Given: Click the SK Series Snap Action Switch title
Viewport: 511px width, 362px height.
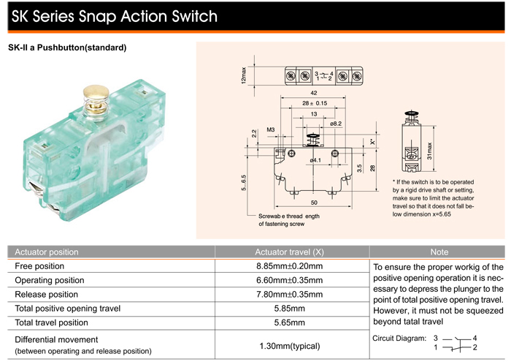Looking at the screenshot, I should pos(114,15).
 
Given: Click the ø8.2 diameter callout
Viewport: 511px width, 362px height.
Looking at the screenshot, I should pos(336,124).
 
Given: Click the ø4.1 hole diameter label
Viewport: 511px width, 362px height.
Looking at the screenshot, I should pos(315,159).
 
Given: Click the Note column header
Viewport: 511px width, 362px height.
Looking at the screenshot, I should pos(439,252).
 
